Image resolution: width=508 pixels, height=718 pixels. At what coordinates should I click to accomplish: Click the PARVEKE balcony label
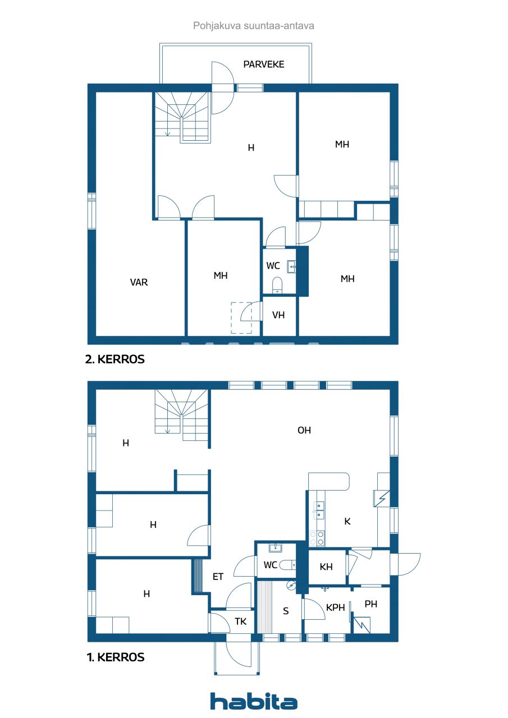[x=263, y=64]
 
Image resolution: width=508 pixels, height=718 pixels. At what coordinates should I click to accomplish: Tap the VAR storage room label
[x=139, y=282]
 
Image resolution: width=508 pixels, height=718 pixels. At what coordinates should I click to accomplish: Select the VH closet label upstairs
[x=278, y=315]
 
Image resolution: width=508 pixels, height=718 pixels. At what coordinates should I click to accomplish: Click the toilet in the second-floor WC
[x=276, y=286]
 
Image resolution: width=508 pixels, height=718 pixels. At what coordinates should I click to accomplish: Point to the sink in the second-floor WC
[x=291, y=265]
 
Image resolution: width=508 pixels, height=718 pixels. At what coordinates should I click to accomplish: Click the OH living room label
[x=304, y=430]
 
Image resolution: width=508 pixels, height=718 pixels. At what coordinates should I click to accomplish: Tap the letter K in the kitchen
[x=347, y=521]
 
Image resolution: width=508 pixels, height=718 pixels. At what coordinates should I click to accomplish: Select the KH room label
[x=326, y=567]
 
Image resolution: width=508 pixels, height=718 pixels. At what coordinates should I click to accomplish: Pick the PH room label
[x=371, y=604]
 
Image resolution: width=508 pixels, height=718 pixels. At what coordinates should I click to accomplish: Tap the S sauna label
[x=286, y=611]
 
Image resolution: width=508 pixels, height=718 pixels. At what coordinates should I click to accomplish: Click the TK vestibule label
[x=241, y=622]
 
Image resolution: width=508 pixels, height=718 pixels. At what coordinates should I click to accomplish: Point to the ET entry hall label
[x=218, y=576]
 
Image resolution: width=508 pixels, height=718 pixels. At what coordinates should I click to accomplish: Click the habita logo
[x=254, y=702]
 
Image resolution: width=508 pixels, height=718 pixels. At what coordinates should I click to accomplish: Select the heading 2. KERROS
[x=115, y=360]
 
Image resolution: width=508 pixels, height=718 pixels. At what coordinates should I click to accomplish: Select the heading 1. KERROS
[x=115, y=657]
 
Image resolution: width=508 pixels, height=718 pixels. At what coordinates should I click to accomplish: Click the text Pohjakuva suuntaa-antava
[x=254, y=25]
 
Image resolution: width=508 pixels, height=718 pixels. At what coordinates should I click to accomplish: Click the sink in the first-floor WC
[x=275, y=547]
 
